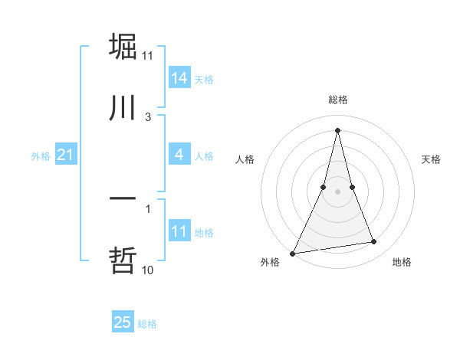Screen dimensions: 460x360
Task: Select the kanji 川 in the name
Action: [x=123, y=108]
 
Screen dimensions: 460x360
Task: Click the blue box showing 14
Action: [x=179, y=78]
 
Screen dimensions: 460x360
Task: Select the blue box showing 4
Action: [x=179, y=155]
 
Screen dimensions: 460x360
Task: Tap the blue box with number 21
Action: [x=66, y=155]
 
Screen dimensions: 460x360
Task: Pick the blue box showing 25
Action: [x=123, y=322]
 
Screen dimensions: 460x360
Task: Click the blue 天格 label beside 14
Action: [x=204, y=80]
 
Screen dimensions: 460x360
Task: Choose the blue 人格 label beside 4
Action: [x=204, y=156]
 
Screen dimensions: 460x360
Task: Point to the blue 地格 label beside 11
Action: [x=204, y=233]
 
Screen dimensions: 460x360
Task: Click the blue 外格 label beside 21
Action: [x=41, y=156]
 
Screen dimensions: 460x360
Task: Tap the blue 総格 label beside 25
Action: [x=147, y=324]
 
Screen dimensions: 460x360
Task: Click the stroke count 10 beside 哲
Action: [x=148, y=270]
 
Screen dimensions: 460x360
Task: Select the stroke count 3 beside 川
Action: [x=148, y=116]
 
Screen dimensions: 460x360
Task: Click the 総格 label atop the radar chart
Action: [x=337, y=100]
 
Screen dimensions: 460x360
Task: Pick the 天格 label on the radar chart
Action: [x=431, y=159]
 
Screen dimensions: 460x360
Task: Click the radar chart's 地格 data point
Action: [x=374, y=242]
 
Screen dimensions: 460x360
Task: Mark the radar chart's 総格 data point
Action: [x=337, y=130]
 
